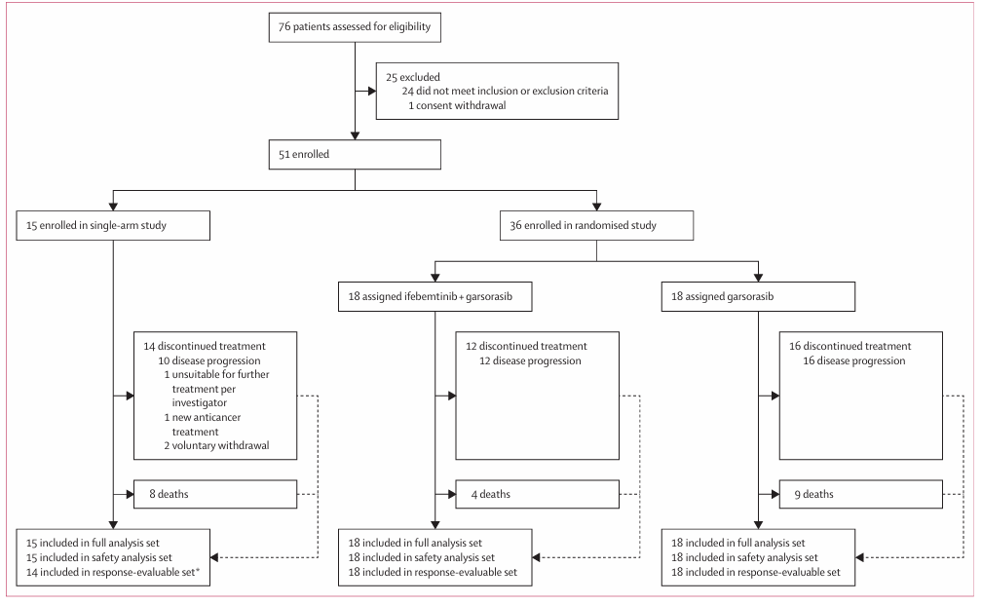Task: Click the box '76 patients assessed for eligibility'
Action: (355, 27)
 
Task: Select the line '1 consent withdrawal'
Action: (457, 106)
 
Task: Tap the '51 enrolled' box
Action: (355, 154)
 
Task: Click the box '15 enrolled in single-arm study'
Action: (113, 225)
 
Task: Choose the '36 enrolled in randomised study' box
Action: (596, 225)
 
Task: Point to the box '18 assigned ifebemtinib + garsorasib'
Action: (435, 297)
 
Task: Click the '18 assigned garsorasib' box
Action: (758, 297)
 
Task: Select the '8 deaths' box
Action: (215, 494)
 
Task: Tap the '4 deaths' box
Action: (538, 494)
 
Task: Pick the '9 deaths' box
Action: (860, 494)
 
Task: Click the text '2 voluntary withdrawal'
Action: (216, 446)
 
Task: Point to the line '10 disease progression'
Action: (209, 360)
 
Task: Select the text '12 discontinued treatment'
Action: (526, 347)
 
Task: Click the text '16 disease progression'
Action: (854, 360)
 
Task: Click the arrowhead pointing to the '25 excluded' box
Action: (372, 91)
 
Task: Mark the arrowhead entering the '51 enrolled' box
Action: (355, 135)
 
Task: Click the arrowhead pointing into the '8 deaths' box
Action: (130, 494)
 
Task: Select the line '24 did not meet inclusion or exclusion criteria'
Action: (505, 91)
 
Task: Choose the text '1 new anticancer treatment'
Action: (203, 425)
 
